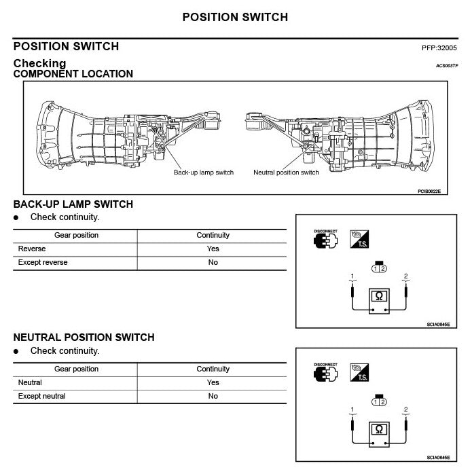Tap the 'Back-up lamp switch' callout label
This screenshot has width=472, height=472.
click(203, 173)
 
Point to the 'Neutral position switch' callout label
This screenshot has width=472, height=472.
click(286, 173)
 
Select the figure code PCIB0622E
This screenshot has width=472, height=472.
click(429, 192)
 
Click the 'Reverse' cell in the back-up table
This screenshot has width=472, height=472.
click(32, 249)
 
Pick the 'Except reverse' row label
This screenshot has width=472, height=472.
click(43, 262)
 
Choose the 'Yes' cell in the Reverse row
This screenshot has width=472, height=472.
click(213, 249)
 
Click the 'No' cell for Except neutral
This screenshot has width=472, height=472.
click(213, 396)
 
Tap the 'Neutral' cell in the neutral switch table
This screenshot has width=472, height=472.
click(30, 382)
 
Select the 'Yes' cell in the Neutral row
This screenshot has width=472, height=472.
click(213, 382)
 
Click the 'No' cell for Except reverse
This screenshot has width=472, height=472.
click(213, 262)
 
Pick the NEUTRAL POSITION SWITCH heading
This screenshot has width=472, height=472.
click(84, 338)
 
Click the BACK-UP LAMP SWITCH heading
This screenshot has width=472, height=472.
click(73, 204)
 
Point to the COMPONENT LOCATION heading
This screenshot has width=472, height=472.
click(73, 74)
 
